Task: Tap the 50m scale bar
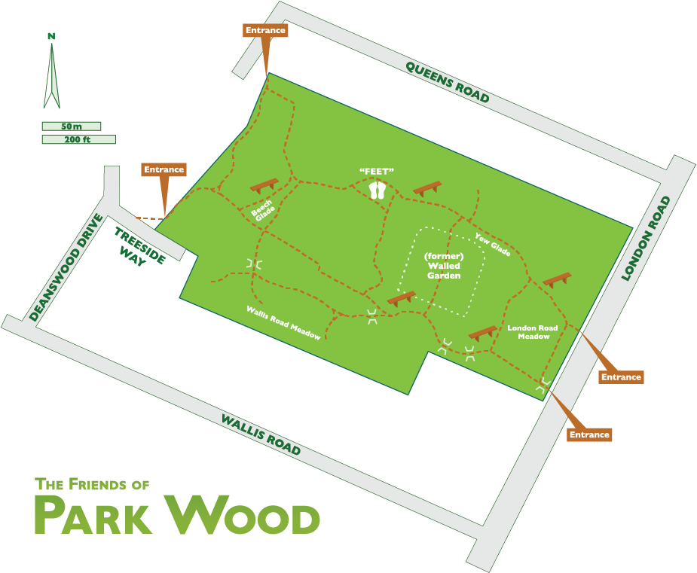[x=72, y=126]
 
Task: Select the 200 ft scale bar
[x=78, y=139]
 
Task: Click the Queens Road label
[x=448, y=82]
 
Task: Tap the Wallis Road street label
[x=261, y=435]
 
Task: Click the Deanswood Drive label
[x=66, y=267]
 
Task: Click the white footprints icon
[x=378, y=190]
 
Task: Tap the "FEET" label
[x=377, y=172]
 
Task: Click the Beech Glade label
[x=262, y=212]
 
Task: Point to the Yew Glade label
[x=492, y=245]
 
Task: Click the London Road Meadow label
[x=532, y=332]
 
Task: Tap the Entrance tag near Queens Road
[x=265, y=30]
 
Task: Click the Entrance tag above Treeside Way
[x=164, y=169]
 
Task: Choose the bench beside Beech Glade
[x=264, y=185]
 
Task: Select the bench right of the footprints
[x=427, y=188]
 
